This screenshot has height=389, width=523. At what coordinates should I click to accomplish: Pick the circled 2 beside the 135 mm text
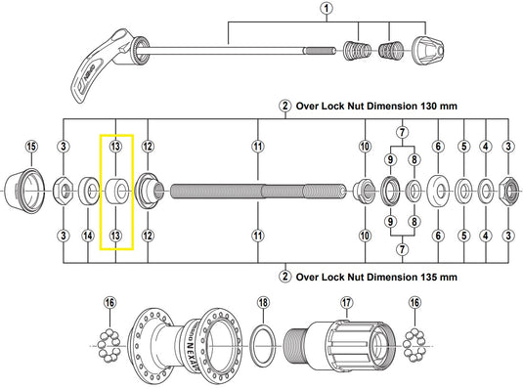[284, 277]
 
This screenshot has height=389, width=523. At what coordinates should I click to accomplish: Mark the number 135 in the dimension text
[433, 277]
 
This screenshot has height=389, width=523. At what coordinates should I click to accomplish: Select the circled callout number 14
[87, 236]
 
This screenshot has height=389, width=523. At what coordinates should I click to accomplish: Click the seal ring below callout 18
[263, 343]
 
